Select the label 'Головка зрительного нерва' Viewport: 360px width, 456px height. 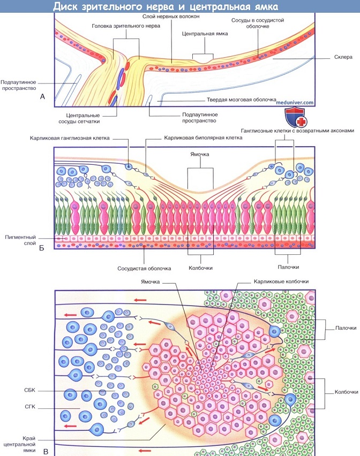[x=125, y=26]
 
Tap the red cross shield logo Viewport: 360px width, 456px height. [x=296, y=118]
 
